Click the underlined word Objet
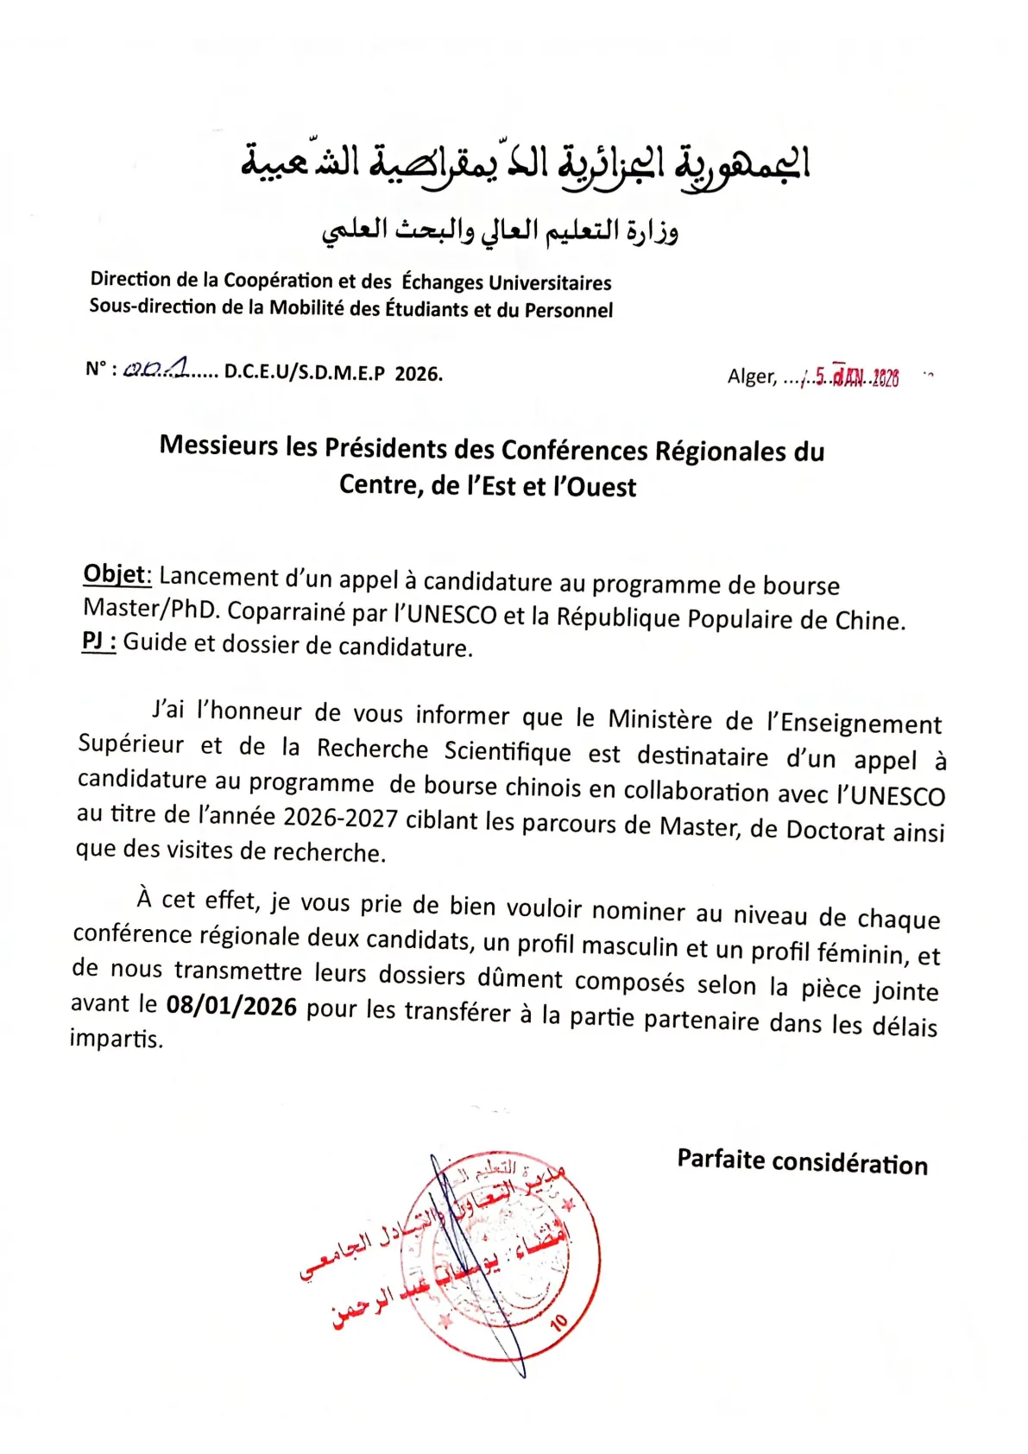pos(117,575)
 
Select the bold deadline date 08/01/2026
pos(231,1006)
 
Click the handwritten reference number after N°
pos(156,369)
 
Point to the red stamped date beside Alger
pos(855,377)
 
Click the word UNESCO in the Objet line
pos(451,614)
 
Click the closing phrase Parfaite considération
pos(802,1162)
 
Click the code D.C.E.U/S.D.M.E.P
pos(304,373)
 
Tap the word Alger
pos(752,376)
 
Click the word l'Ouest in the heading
pos(595,487)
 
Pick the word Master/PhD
pos(152,609)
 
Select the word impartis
pos(116,1038)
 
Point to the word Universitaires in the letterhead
pos(550,282)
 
